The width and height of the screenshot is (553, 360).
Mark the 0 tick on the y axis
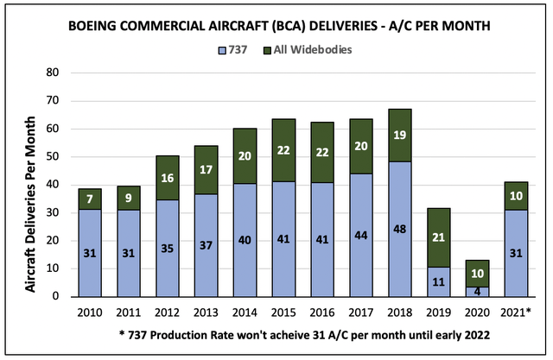54,297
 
